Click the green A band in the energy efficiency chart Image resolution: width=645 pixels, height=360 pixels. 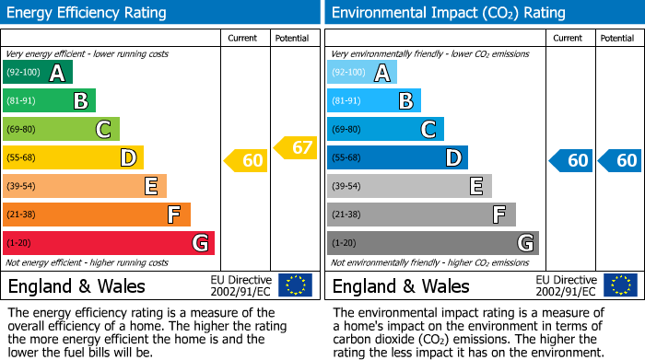coord(37,73)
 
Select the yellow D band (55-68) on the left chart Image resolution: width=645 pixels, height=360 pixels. coord(72,158)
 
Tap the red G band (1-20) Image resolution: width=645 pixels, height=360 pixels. coord(108,243)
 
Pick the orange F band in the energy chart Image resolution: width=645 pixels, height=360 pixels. coord(96,215)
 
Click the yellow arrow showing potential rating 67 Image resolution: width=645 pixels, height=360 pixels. coord(296,147)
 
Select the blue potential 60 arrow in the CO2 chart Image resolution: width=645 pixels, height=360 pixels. coord(620,161)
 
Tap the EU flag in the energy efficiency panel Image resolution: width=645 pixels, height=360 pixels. coord(295,285)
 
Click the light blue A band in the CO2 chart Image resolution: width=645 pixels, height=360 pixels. coord(361,73)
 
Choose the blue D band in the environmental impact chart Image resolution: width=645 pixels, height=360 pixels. coord(396,158)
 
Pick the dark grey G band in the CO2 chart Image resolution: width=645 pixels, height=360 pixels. coord(432,243)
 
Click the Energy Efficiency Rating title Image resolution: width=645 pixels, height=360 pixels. coord(88,13)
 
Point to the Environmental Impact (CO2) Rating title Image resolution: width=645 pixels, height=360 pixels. coord(447,13)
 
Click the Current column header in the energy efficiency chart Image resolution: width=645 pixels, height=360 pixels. coord(242,38)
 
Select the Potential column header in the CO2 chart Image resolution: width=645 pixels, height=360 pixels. coord(616,38)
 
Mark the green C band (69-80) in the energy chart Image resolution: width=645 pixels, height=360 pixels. coord(61,130)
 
